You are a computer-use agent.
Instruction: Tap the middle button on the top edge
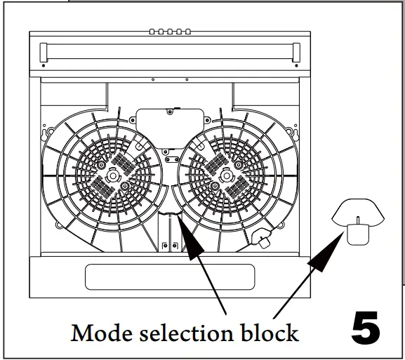[169, 32]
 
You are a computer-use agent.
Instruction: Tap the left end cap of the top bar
[45, 51]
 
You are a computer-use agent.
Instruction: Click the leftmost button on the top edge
[152, 32]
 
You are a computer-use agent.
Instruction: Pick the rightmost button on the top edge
[187, 32]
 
